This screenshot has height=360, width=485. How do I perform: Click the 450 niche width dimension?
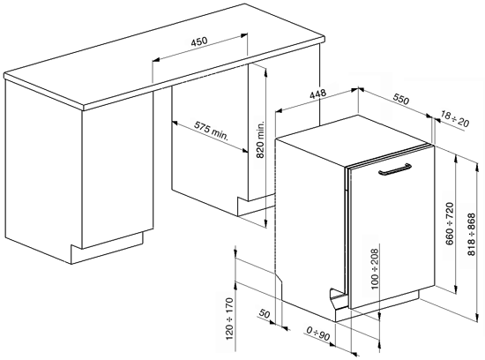pos(199,41)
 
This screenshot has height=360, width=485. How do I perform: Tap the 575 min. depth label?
pos(212,131)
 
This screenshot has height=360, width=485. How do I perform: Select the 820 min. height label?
pos(261,139)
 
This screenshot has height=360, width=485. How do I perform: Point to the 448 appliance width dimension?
pos(318,94)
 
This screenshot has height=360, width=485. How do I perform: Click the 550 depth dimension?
pos(401,99)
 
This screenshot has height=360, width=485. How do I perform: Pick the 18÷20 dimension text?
pos(454,119)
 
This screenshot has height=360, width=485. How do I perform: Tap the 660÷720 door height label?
pos(450,223)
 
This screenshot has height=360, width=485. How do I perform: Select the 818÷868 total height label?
pos(472,234)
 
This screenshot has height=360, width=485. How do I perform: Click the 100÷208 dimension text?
pos(375,269)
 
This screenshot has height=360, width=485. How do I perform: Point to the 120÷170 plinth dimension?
pos(229,319)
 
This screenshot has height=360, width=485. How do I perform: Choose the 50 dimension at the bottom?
pos(265,314)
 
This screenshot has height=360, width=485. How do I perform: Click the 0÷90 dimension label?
pos(318,334)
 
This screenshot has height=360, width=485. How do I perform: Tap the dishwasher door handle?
pos(395,169)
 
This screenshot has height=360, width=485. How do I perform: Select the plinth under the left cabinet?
pos(107,248)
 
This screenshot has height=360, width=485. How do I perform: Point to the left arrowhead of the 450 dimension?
pos(156,59)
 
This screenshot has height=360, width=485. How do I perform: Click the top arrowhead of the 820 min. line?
pos(265,71)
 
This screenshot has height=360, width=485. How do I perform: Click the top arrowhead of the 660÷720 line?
pos(456,159)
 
